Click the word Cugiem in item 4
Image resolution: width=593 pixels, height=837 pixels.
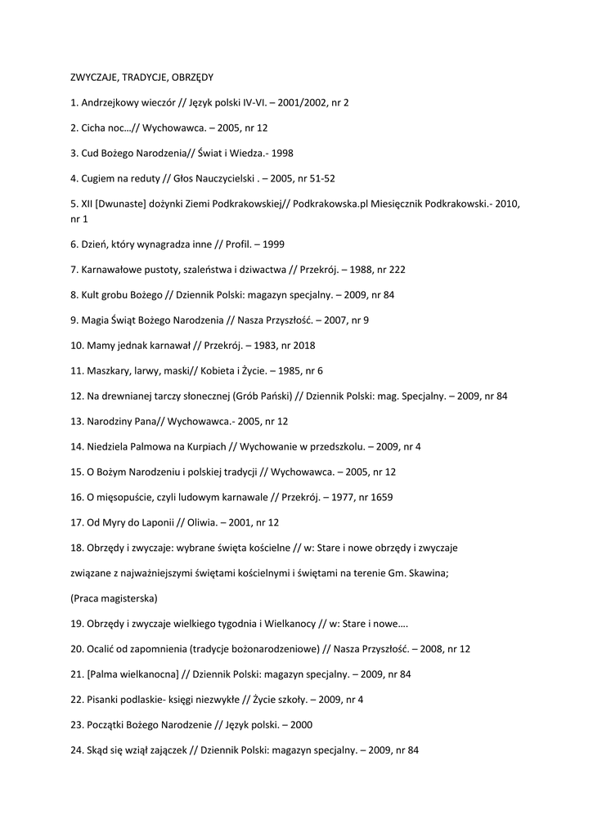coord(100,178)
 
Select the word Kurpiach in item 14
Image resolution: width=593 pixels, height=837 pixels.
coord(203,446)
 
